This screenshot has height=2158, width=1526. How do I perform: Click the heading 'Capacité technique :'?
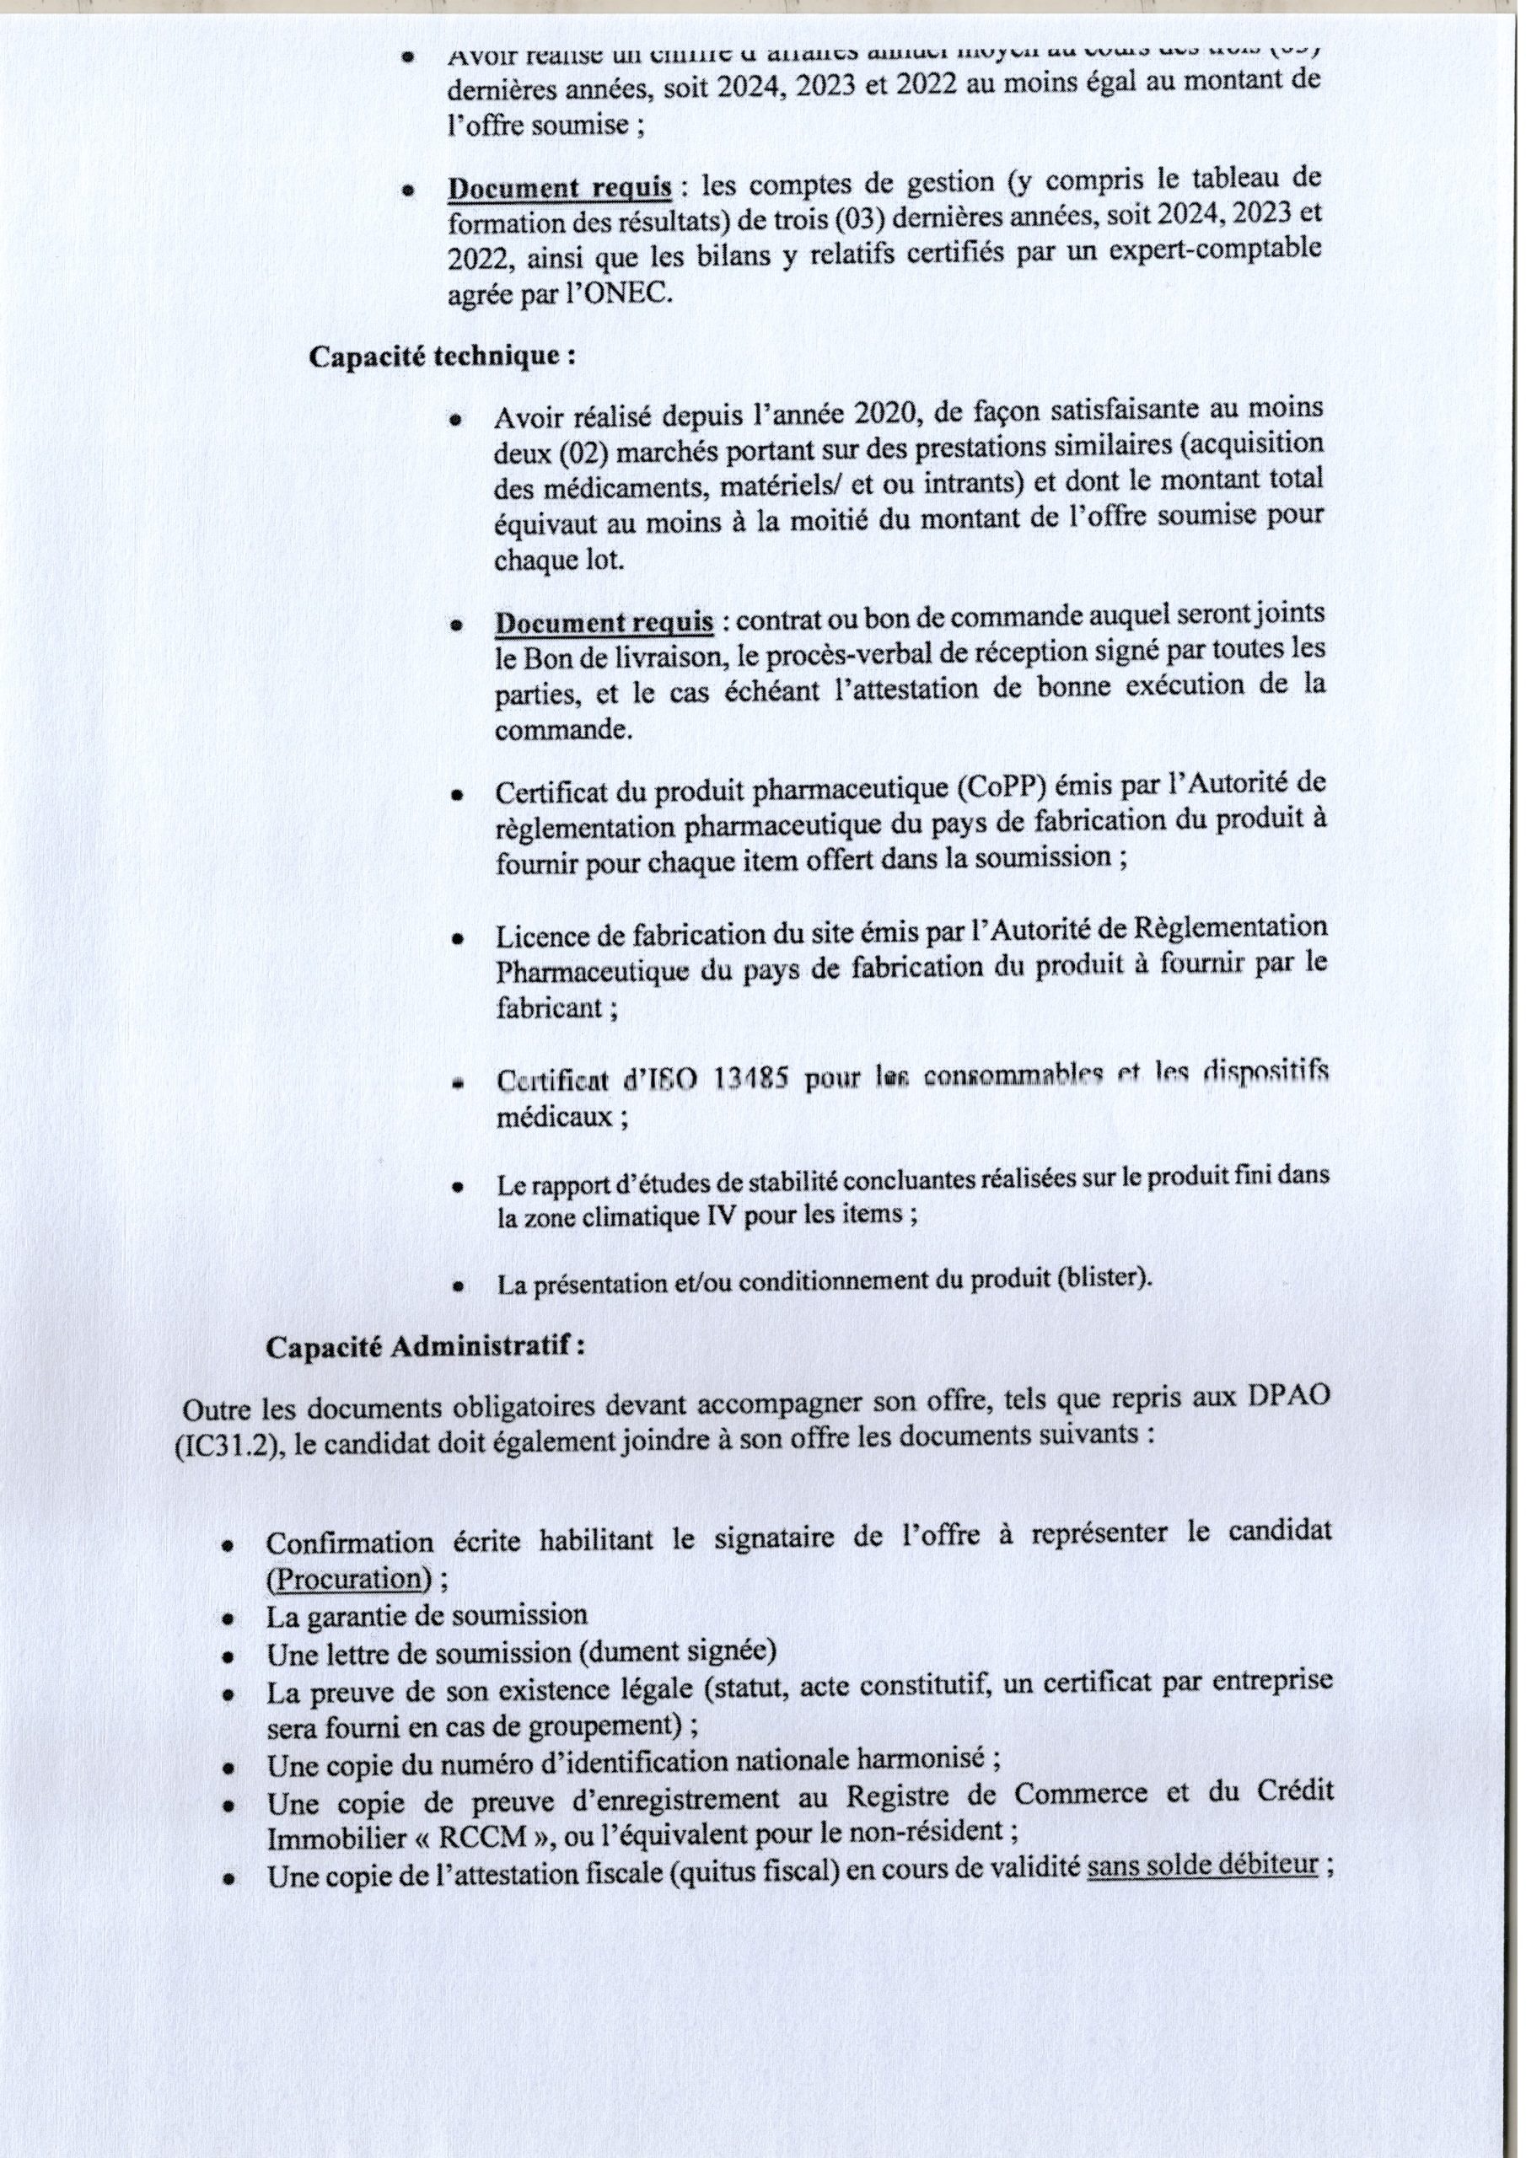pyautogui.click(x=442, y=358)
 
